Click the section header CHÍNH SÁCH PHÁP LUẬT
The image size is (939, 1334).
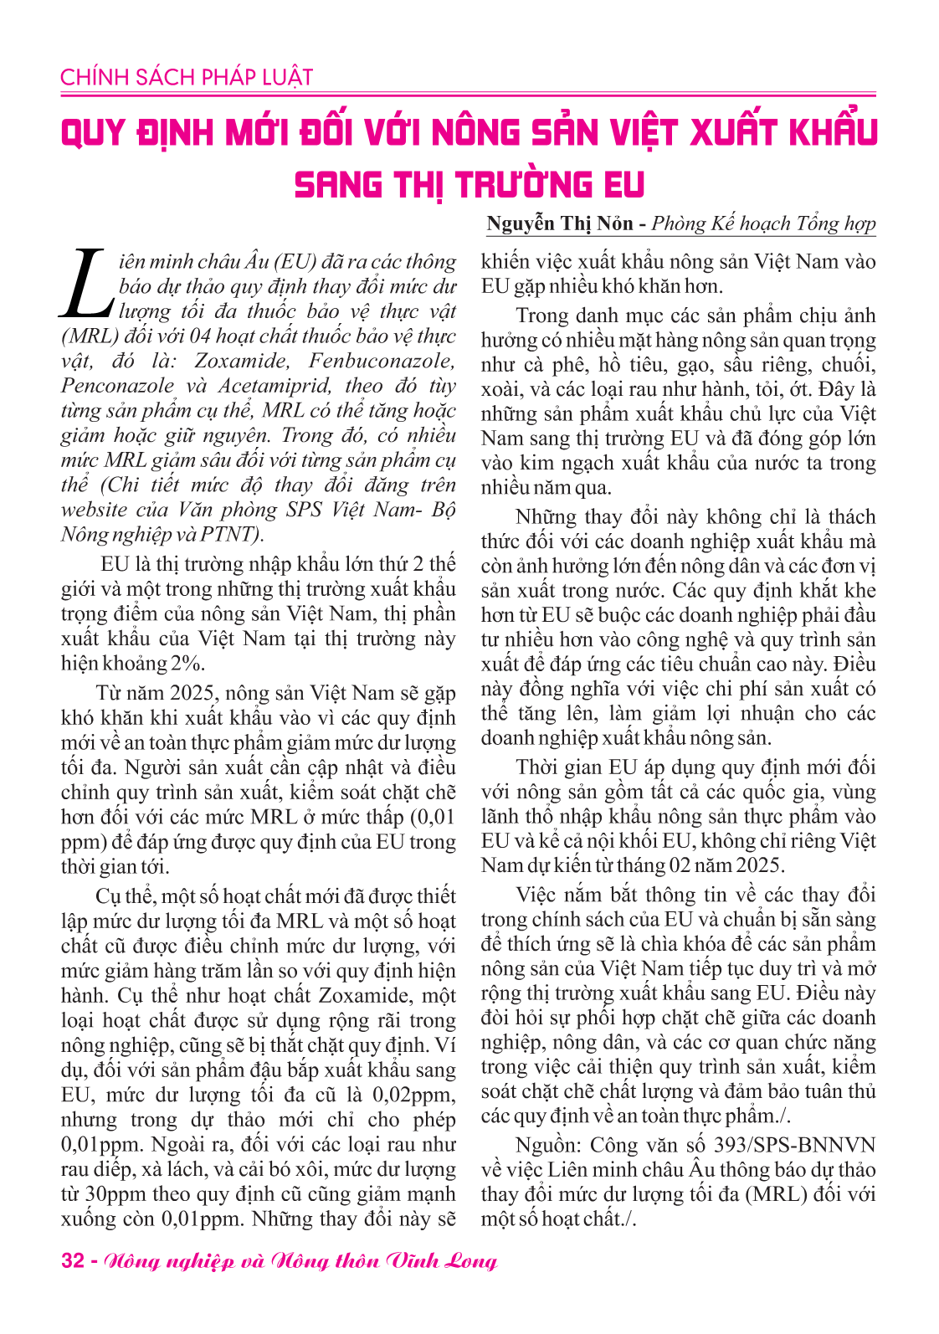pos(186,78)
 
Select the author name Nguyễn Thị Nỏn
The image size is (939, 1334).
pos(559,223)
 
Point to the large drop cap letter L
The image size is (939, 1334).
pos(85,283)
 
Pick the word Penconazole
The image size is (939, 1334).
pos(117,387)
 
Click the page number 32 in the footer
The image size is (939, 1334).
pos(73,1261)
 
